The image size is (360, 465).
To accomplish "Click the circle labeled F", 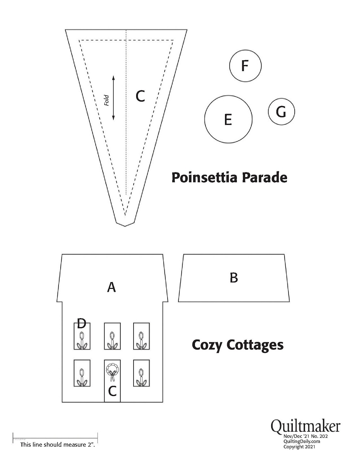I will (245, 66).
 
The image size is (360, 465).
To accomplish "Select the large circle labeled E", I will (228, 119).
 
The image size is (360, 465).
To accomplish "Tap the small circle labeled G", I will (281, 111).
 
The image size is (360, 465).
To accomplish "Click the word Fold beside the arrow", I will (107, 100).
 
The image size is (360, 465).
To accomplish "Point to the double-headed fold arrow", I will (113, 98).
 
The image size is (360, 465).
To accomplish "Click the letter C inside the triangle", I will (140, 96).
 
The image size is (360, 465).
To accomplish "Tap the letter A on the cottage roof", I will (112, 287).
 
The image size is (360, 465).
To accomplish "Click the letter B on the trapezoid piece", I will (234, 278).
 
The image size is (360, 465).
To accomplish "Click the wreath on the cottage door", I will (112, 370).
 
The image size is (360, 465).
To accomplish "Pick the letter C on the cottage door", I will (112, 391).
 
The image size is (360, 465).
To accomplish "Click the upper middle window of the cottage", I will (112, 336).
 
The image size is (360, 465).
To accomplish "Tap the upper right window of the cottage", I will (141, 336).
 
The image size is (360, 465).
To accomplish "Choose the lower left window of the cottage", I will (82, 373).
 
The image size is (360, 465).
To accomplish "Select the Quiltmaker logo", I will (305, 426).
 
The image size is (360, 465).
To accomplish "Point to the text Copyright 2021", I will (299, 447).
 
